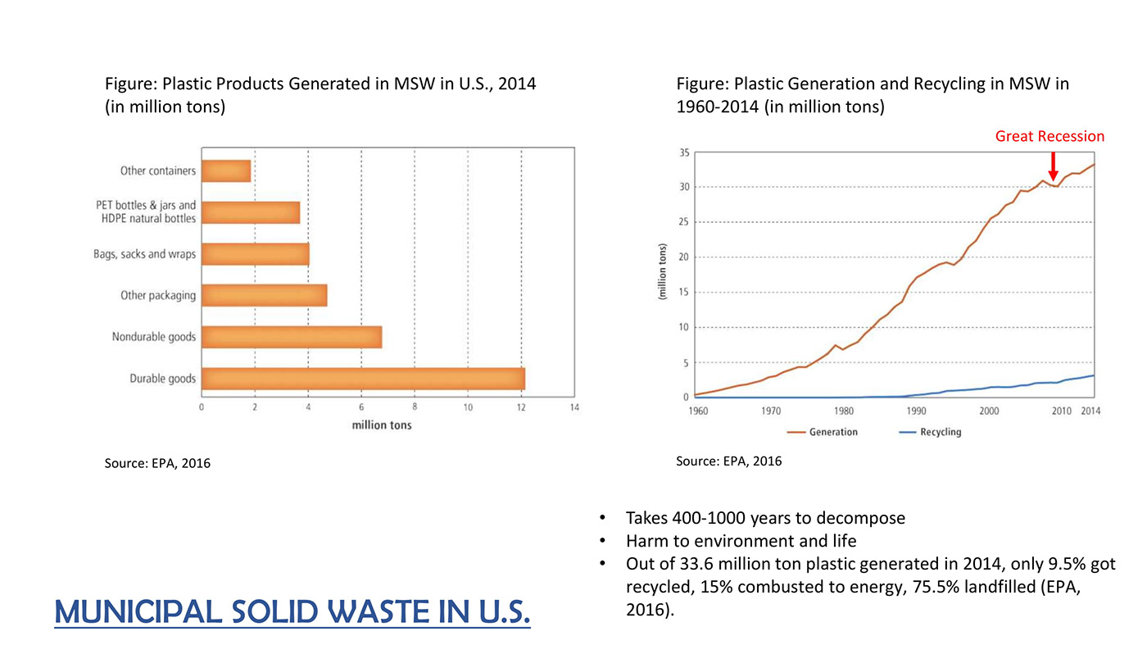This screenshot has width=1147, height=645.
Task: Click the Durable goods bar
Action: (x=363, y=379)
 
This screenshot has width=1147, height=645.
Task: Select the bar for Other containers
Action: (x=226, y=171)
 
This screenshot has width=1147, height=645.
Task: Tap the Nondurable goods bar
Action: (x=292, y=337)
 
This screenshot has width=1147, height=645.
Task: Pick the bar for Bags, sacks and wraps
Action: (x=255, y=254)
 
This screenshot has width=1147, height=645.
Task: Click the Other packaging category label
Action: (x=158, y=295)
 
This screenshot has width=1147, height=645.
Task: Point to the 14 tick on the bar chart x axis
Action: (x=573, y=408)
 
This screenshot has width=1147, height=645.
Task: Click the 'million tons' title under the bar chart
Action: (x=382, y=425)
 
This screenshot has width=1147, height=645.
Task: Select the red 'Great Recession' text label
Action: (x=1050, y=136)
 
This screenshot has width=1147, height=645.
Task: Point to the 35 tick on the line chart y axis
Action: (x=682, y=152)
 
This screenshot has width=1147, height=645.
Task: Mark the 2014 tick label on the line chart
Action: (x=1090, y=411)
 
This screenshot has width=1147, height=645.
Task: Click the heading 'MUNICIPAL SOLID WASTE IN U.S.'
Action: (x=292, y=611)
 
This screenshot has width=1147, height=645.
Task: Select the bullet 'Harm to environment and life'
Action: (x=741, y=541)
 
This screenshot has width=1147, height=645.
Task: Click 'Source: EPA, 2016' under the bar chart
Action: (x=157, y=464)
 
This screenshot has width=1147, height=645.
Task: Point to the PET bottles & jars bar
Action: (x=251, y=212)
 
